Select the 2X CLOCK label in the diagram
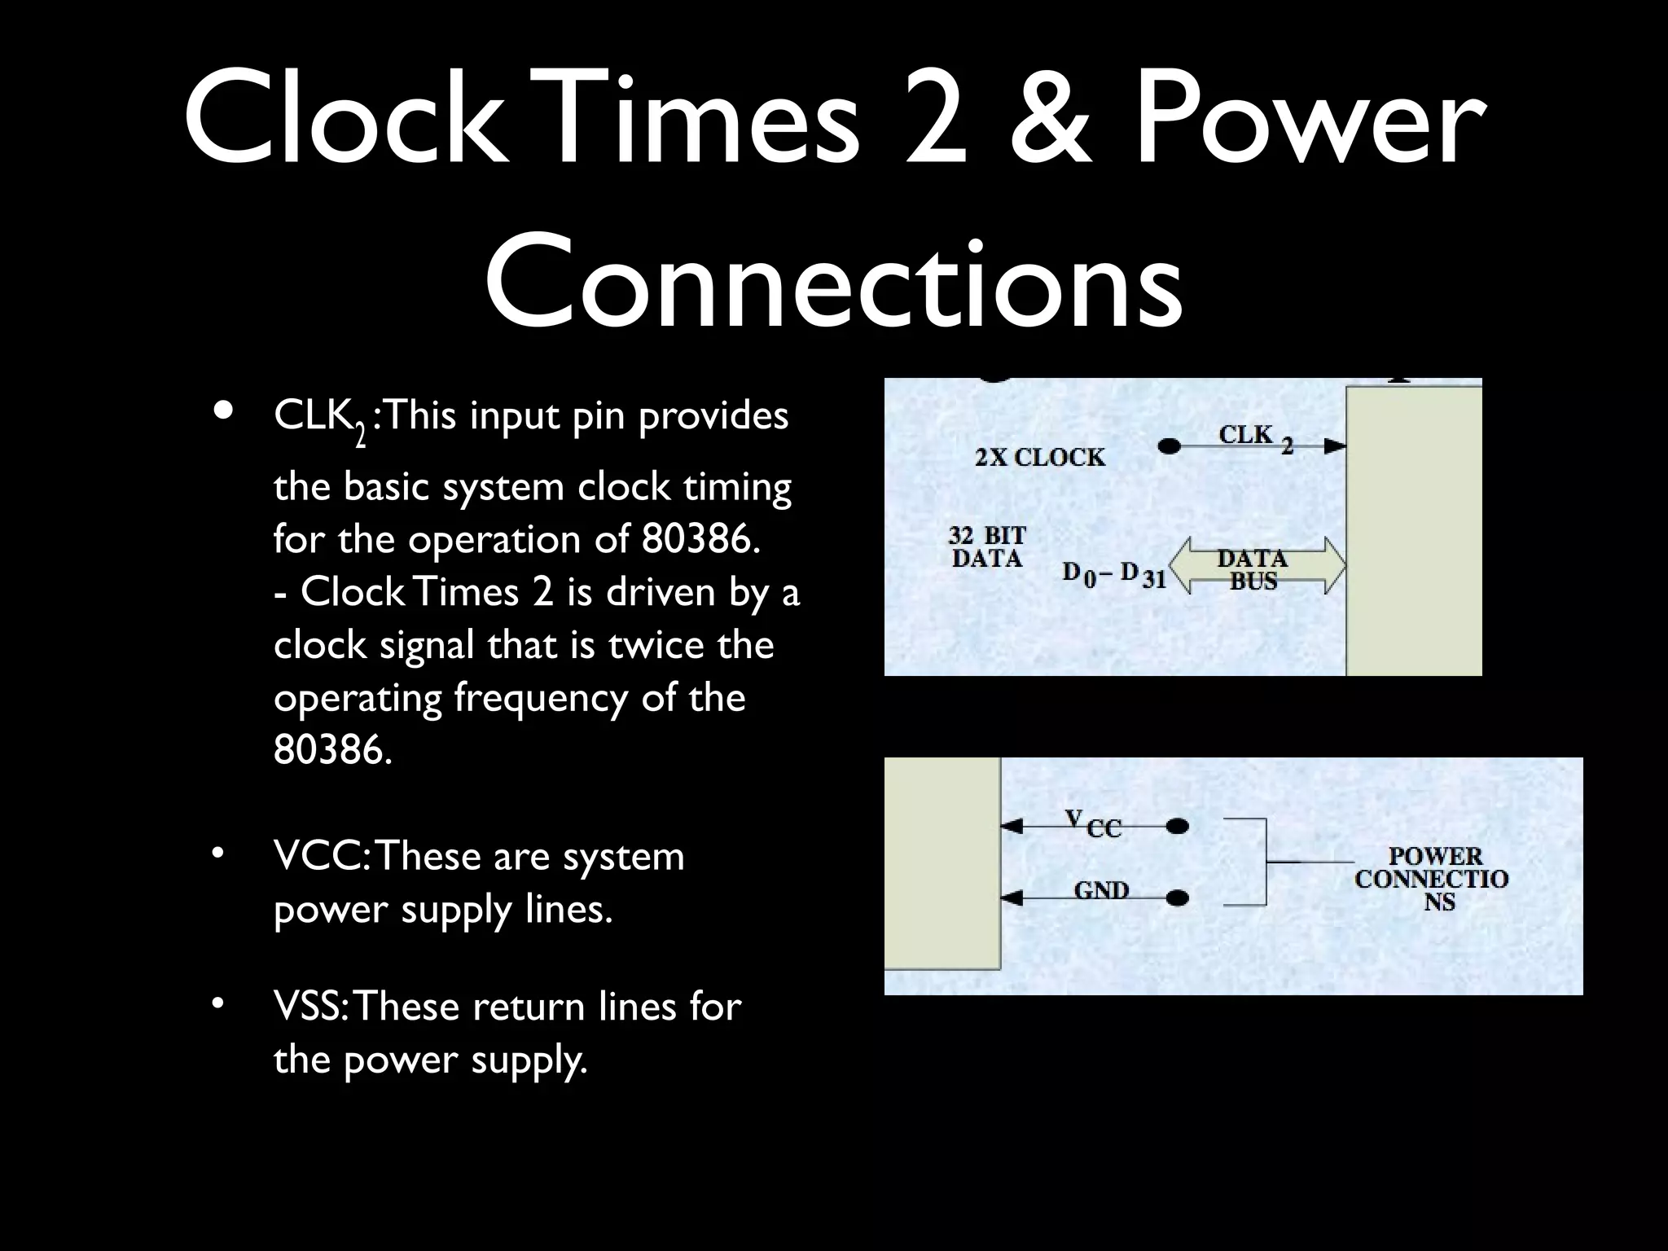coord(1040,458)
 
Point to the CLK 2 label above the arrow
coord(1254,437)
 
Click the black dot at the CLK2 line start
coord(1170,446)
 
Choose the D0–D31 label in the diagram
coord(1114,574)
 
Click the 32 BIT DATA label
coord(987,547)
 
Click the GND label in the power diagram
coord(1101,890)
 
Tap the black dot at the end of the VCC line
coord(1177,827)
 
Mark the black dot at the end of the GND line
coord(1177,898)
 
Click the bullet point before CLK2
coord(222,411)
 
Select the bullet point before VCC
coord(217,854)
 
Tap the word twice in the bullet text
coord(655,645)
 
